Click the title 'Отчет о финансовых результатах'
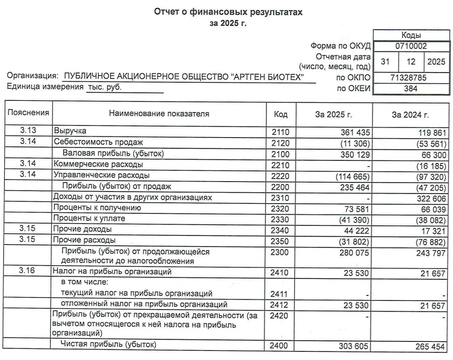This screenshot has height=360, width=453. click(x=228, y=12)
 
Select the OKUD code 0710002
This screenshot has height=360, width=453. click(x=411, y=46)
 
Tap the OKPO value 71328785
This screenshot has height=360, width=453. click(x=411, y=78)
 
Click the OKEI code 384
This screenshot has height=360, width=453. click(x=411, y=89)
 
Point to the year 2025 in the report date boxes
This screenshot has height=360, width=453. click(x=436, y=62)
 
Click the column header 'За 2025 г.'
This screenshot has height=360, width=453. click(x=333, y=115)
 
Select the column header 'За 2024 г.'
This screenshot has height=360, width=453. click(x=410, y=115)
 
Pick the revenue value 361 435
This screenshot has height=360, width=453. click(x=355, y=132)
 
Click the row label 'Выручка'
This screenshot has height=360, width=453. click(x=70, y=131)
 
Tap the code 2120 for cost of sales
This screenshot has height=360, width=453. click(x=280, y=143)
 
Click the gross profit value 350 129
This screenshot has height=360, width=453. click(x=355, y=154)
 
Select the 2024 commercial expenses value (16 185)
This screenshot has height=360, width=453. click(x=429, y=165)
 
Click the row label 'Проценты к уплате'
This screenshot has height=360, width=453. click(x=89, y=219)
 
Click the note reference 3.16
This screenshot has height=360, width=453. click(x=28, y=272)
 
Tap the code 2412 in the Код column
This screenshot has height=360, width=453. click(x=280, y=305)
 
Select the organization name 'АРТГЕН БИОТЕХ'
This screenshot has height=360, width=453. click(x=267, y=77)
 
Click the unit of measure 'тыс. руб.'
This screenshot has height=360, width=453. click(x=104, y=87)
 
